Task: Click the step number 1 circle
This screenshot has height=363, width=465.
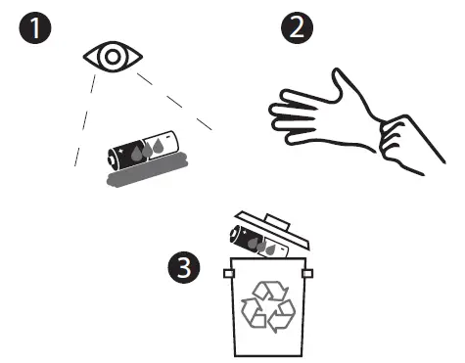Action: (x=35, y=29)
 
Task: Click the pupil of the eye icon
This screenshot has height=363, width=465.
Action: (x=113, y=58)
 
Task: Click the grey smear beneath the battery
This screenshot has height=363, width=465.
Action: (x=141, y=177)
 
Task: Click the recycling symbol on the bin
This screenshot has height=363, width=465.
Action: (x=267, y=303)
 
